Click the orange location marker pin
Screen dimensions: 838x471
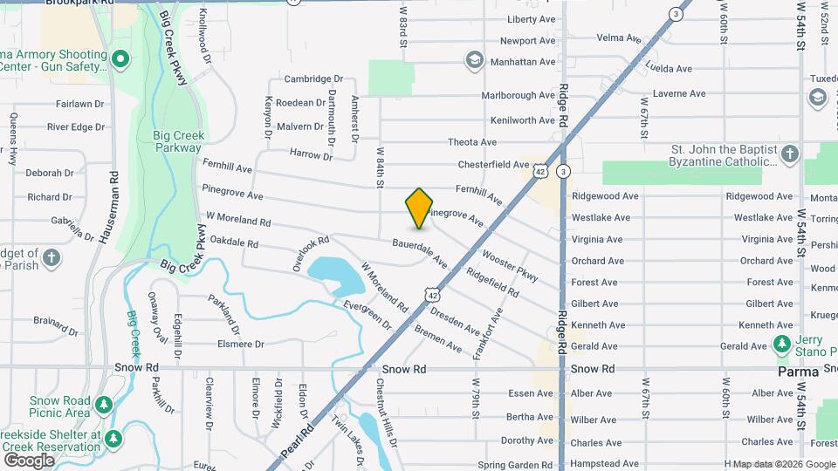click(419, 208)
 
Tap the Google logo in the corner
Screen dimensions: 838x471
click(29, 460)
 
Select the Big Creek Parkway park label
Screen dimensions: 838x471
click(178, 141)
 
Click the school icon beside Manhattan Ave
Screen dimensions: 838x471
click(474, 60)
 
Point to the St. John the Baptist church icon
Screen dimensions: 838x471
click(789, 154)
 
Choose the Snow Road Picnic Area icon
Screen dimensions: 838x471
click(103, 406)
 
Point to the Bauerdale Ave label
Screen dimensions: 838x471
click(419, 253)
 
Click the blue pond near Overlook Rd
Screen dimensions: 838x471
click(336, 275)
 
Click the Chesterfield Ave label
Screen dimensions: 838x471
click(493, 164)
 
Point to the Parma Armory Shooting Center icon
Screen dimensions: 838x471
click(120, 59)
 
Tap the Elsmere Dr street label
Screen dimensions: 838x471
click(240, 344)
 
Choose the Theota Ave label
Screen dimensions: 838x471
click(472, 142)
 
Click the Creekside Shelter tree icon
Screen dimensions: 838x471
click(113, 436)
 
